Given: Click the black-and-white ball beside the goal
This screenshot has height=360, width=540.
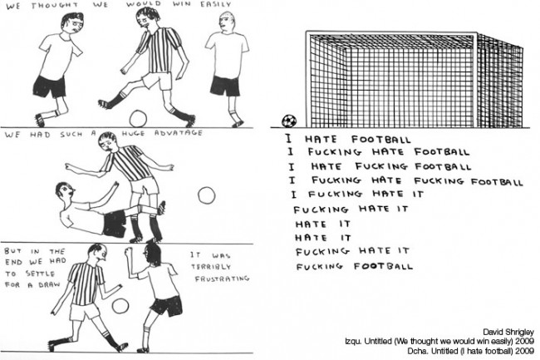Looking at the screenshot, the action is (x=289, y=121).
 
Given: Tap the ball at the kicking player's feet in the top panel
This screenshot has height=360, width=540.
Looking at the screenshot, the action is (x=138, y=119).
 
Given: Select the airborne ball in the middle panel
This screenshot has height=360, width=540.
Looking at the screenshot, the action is (x=207, y=195).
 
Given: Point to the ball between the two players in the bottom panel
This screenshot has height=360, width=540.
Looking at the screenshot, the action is (x=120, y=306).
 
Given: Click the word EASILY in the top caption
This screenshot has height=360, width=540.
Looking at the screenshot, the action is (x=216, y=4).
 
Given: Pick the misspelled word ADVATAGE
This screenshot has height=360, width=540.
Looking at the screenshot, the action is (x=179, y=133).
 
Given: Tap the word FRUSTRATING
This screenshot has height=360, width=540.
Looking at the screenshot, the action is (x=222, y=279).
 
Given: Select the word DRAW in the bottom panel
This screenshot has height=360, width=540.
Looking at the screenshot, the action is (x=49, y=285).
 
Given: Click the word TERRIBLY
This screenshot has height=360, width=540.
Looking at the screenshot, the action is (x=211, y=267).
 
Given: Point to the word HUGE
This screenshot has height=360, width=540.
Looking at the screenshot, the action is (x=133, y=133).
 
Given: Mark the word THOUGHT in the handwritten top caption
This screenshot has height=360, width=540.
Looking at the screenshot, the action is (x=54, y=6).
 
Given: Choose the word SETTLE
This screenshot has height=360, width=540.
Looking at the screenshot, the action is (x=40, y=274).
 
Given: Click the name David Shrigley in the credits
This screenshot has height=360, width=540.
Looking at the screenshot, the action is (x=508, y=332).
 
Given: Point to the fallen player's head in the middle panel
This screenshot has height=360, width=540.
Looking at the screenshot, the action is (x=65, y=192).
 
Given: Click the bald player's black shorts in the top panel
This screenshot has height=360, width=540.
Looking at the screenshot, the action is (x=225, y=86).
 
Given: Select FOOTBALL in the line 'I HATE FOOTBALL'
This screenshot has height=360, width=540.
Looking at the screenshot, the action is (x=380, y=140).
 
